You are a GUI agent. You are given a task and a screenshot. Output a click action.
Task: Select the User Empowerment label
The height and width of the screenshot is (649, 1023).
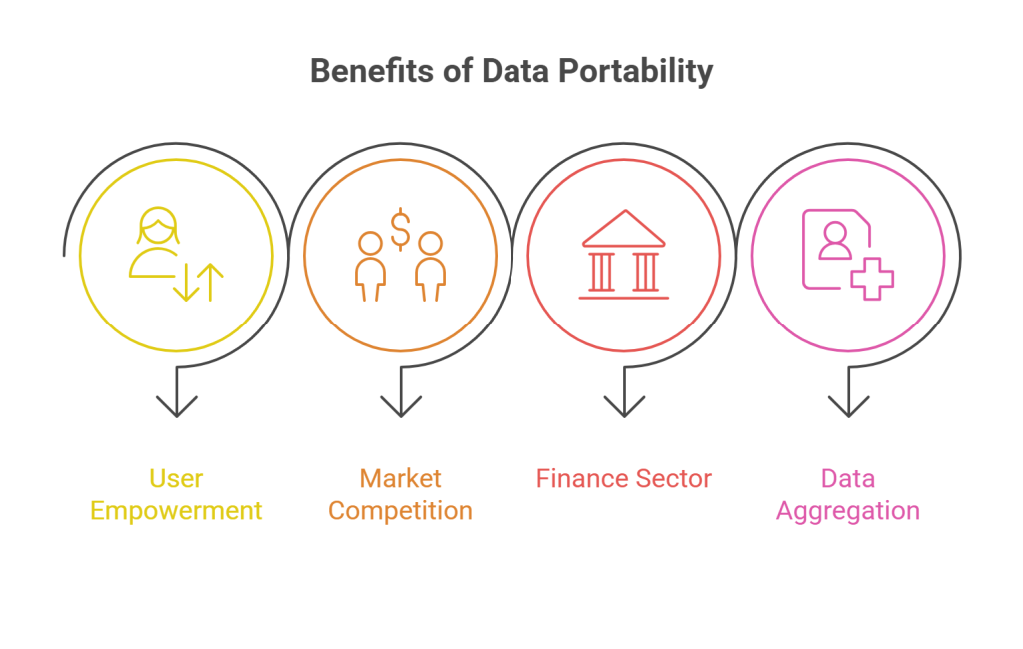[176, 494]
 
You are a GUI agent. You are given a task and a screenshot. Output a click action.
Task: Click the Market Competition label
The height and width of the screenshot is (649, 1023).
[400, 494]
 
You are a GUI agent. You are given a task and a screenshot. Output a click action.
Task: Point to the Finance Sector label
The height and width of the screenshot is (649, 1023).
[623, 478]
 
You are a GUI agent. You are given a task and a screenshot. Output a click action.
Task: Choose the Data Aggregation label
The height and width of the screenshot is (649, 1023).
[848, 494]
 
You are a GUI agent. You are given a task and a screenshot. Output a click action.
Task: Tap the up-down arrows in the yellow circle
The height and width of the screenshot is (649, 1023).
[198, 283]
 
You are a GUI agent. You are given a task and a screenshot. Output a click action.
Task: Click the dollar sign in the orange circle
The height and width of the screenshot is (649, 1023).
[400, 229]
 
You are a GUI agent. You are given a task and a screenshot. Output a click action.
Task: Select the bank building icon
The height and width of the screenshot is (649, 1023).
[624, 255]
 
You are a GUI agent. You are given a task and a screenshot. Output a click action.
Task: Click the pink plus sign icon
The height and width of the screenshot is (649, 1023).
[871, 277]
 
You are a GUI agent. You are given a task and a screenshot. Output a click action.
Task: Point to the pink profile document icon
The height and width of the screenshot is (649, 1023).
[835, 248]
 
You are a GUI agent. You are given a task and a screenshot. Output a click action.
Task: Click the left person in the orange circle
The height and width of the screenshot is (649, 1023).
[370, 265]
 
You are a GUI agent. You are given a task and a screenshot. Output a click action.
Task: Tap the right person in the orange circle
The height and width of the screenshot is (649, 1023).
[430, 265]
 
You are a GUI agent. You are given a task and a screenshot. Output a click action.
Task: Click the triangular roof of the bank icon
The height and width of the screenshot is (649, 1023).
[624, 229]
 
